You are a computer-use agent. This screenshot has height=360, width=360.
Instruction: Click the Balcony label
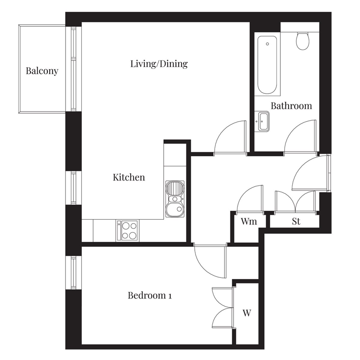pos(42,71)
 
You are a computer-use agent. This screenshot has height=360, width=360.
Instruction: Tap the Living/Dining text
pos(159,64)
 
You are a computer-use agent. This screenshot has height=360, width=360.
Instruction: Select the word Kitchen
pos(129,177)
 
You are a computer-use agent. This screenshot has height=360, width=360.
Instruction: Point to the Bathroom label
pos(291,106)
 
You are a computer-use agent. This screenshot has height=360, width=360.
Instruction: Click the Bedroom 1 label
pos(150,295)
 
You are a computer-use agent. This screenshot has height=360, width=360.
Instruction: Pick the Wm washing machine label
pos(249,221)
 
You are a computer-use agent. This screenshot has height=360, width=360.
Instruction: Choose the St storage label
pos(296,221)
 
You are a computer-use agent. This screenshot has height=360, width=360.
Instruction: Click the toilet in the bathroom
pos(303,41)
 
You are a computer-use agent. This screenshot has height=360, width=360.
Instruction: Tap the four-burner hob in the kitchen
pos(129,231)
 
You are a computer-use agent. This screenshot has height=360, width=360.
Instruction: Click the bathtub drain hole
pos(267,44)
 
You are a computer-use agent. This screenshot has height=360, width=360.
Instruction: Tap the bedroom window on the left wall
pos(74,273)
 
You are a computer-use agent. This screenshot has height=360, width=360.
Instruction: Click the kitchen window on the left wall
pos(74,188)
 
